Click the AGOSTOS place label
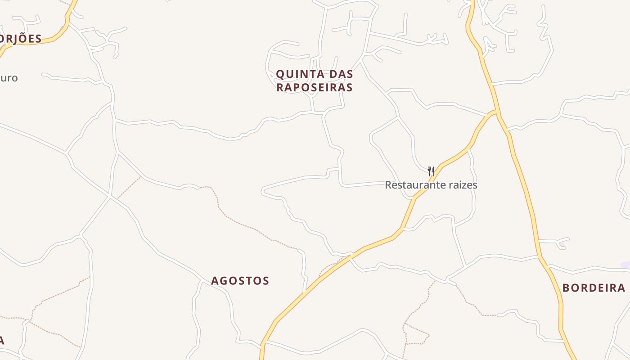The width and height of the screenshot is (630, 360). click(240, 281)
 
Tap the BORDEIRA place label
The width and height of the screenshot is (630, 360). click(594, 288)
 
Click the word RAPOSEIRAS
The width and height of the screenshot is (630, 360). click(314, 87)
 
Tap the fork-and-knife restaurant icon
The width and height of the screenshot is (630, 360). click(431, 171)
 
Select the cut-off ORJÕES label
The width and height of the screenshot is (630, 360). click(21, 39)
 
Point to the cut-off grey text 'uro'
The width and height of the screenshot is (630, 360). click(9, 78)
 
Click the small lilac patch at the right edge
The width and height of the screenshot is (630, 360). click(625, 265)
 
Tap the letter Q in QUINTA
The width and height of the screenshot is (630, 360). click(280, 74)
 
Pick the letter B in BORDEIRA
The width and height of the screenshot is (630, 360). click(566, 288)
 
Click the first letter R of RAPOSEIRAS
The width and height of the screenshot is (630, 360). click(280, 87)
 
